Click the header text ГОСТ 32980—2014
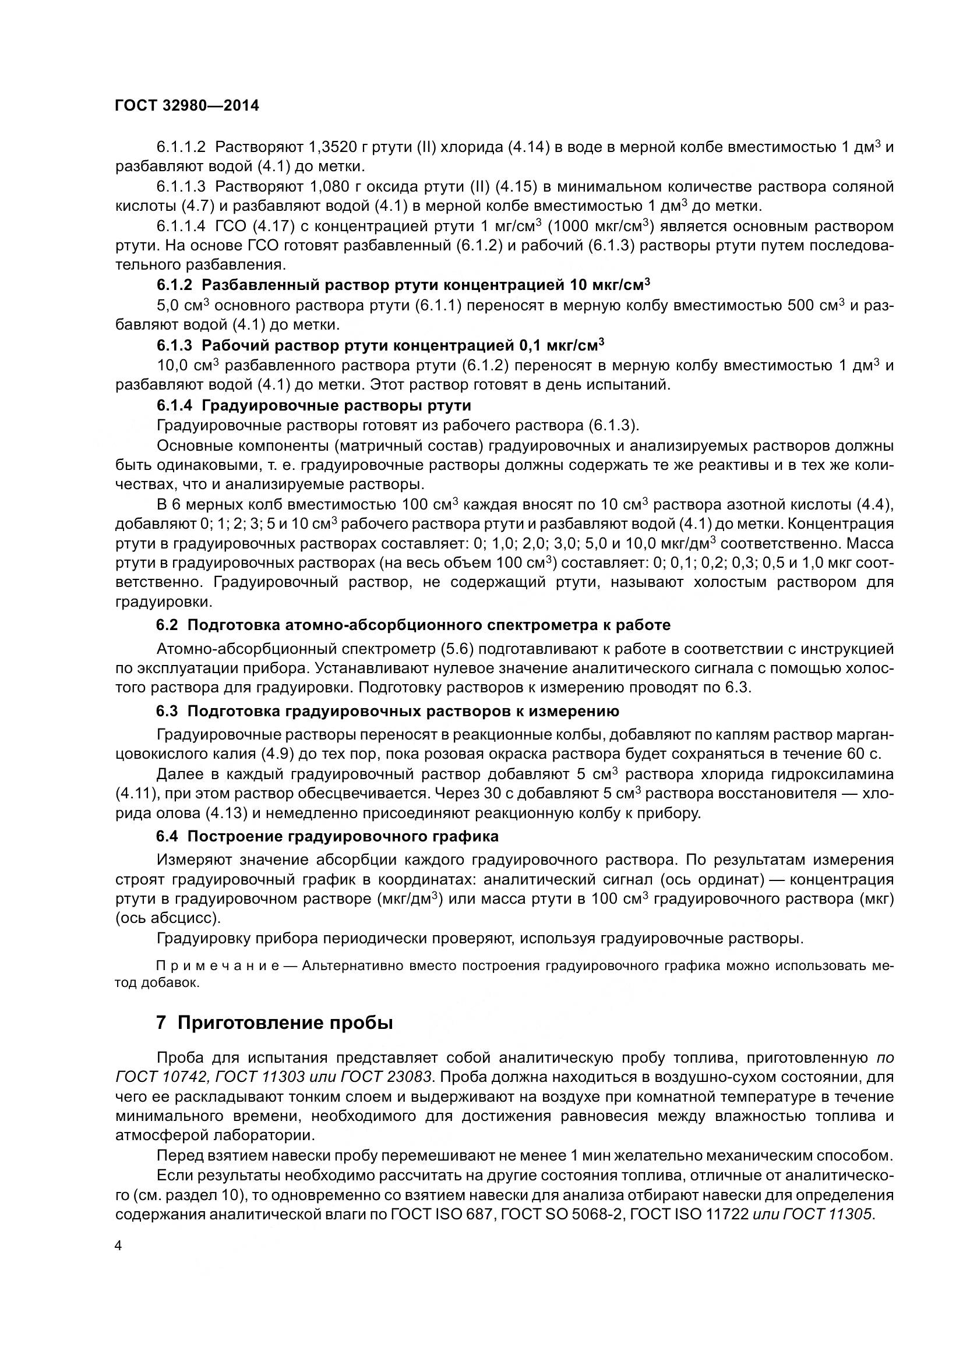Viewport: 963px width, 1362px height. (x=187, y=105)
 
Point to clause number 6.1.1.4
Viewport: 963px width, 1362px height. (x=181, y=226)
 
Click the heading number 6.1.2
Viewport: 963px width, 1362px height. (x=174, y=285)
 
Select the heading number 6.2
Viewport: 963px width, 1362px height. (x=167, y=625)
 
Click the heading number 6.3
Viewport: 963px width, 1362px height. (x=167, y=710)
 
